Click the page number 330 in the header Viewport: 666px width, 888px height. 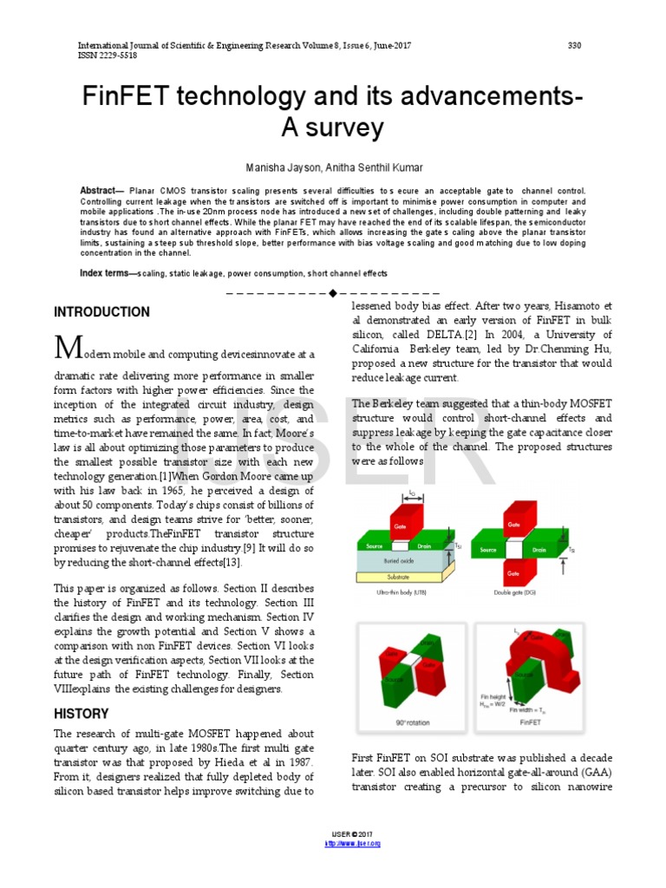coord(574,44)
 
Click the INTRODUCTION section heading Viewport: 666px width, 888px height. coord(101,312)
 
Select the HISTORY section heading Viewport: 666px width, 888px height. coord(82,714)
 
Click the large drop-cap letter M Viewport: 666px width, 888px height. coord(68,349)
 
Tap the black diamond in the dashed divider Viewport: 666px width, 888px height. coord(332,292)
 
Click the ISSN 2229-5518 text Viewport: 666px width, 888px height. coord(108,55)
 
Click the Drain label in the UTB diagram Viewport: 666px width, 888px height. coord(425,546)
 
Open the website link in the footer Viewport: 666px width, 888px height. coord(353,843)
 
